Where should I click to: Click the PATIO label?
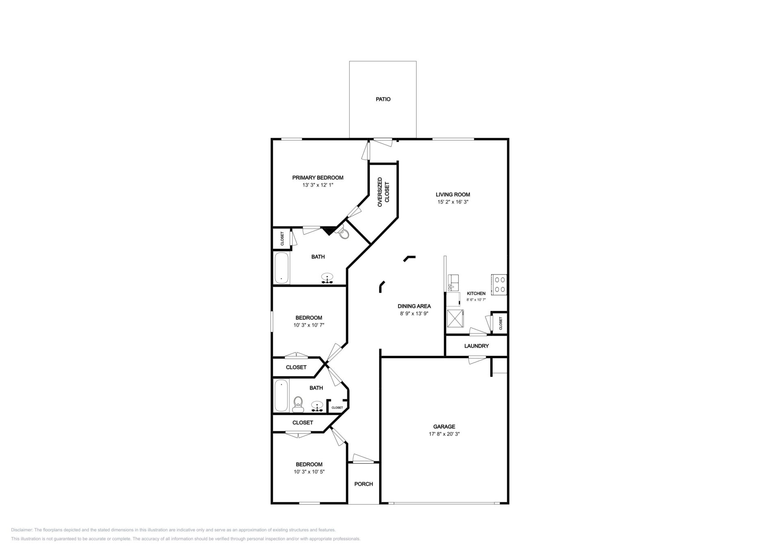coord(383,99)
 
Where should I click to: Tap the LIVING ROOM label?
coord(453,195)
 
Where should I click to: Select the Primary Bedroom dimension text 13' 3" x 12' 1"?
coord(318,185)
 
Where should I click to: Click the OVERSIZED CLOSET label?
coord(383,192)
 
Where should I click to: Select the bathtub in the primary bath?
coord(282,268)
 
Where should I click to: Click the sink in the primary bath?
coord(327,278)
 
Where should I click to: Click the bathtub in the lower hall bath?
coord(281,396)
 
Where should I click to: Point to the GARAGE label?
coord(444,427)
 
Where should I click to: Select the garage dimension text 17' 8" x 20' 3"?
coord(444,434)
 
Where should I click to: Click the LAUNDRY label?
coord(477,346)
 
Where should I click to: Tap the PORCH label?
coord(364,484)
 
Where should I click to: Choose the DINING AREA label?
coord(414,306)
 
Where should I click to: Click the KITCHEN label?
coord(476,293)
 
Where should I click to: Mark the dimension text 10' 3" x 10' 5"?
coord(309,472)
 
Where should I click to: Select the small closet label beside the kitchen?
coord(500,323)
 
